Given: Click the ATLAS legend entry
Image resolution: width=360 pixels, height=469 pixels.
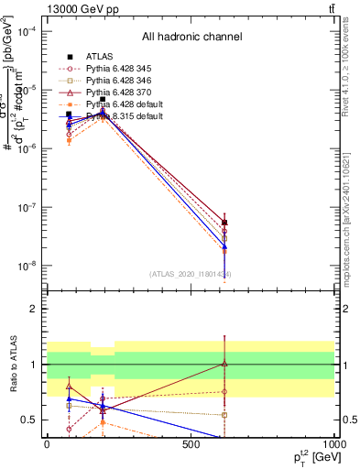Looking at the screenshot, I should tap(100, 56).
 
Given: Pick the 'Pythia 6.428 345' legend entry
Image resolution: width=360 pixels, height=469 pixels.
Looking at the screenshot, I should tap(118, 69).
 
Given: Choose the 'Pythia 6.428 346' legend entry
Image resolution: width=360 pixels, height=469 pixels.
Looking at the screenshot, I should tap(118, 81).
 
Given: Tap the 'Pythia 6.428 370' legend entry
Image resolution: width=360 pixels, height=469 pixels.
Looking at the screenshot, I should tap(118, 93).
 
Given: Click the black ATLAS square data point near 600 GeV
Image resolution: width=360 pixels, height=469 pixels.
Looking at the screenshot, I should tap(224, 223).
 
